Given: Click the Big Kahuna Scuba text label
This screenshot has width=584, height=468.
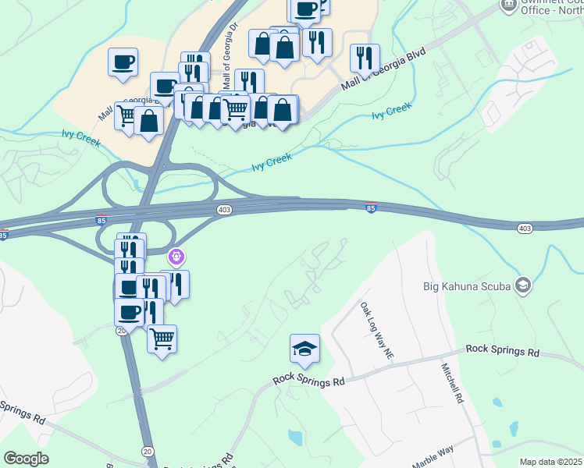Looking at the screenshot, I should [x=466, y=285].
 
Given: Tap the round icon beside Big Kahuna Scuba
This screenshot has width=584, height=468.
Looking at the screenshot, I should [x=522, y=285].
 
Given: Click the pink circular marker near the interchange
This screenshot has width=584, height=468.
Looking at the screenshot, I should [x=176, y=255].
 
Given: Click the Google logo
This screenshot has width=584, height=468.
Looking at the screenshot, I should [x=26, y=459].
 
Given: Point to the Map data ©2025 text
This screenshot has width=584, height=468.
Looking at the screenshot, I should [x=550, y=462].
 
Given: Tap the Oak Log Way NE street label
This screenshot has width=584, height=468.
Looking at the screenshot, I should [x=376, y=331].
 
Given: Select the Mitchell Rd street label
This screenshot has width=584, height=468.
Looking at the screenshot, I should [x=452, y=383].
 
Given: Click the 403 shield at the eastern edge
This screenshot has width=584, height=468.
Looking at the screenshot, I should [x=525, y=228].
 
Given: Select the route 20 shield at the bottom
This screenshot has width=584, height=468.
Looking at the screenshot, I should [x=148, y=452].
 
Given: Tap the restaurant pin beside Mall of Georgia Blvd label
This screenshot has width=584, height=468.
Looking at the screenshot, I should [x=365, y=57].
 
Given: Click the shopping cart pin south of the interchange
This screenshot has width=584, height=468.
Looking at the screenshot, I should [x=162, y=339].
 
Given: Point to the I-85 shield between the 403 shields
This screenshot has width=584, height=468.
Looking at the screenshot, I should [x=371, y=207].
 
